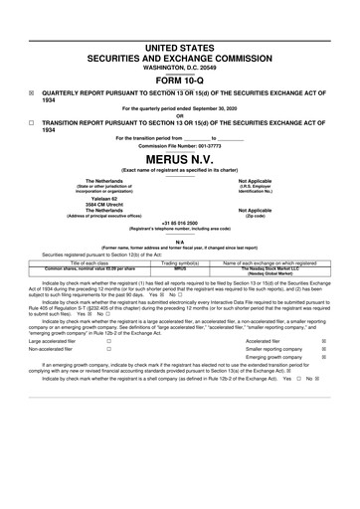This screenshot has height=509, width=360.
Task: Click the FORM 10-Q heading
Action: [x=179, y=80]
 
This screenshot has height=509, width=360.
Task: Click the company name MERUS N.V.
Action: [x=179, y=158]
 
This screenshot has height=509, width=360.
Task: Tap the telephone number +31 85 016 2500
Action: [x=180, y=224]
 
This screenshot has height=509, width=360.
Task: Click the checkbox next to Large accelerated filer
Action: [x=108, y=340]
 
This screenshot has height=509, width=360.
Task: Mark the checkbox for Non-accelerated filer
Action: [x=108, y=350]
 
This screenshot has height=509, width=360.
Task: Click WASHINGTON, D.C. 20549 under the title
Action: [x=180, y=67]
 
